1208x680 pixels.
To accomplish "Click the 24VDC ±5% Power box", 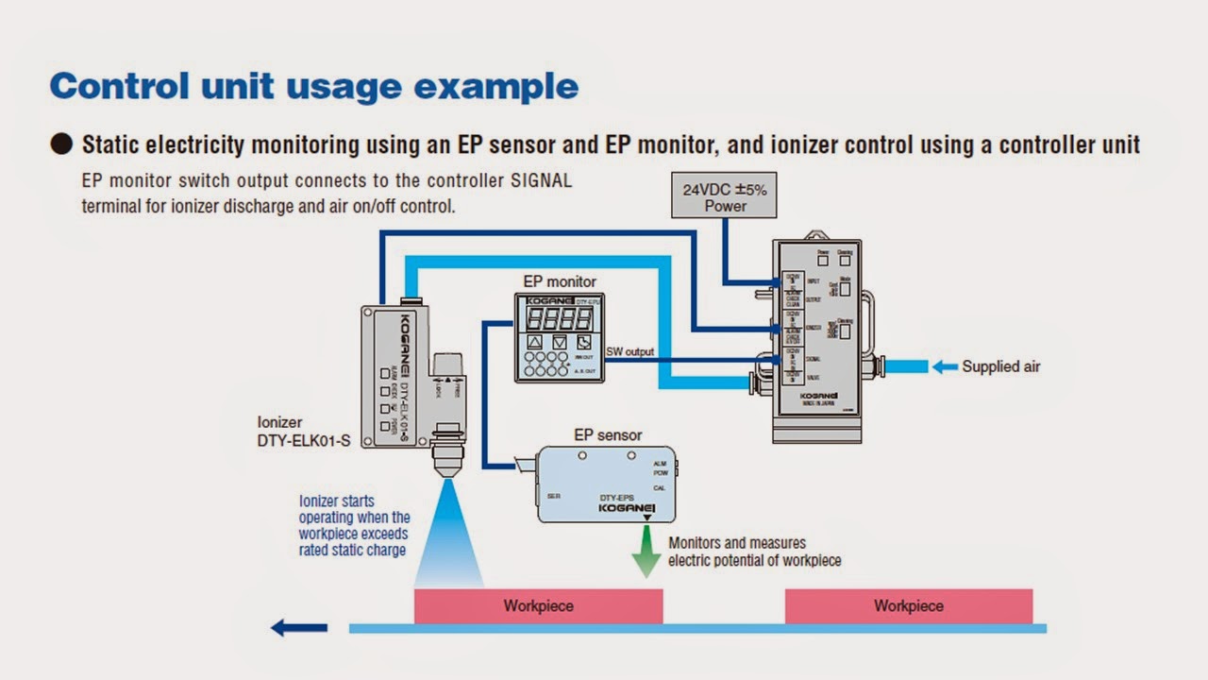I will point(725,195).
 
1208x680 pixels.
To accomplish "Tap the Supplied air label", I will point(1000,366).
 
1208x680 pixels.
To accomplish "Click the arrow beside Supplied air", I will point(945,366).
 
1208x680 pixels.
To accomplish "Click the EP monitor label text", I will point(560,281).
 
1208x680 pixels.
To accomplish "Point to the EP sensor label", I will point(608,435).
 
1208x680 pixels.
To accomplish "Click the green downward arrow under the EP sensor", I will point(646,553).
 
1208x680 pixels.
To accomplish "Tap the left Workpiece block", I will point(538,605).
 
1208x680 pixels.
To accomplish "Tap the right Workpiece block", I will point(908,605).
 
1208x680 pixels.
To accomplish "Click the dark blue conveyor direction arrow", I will point(299,627).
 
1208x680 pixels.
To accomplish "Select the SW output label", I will point(629,352).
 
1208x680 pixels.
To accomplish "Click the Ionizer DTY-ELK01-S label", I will point(303,432).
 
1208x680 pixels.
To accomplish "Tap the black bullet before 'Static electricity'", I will point(61,144).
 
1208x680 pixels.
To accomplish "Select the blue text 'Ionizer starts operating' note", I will point(354,525).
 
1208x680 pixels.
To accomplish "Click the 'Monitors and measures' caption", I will point(736,543).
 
